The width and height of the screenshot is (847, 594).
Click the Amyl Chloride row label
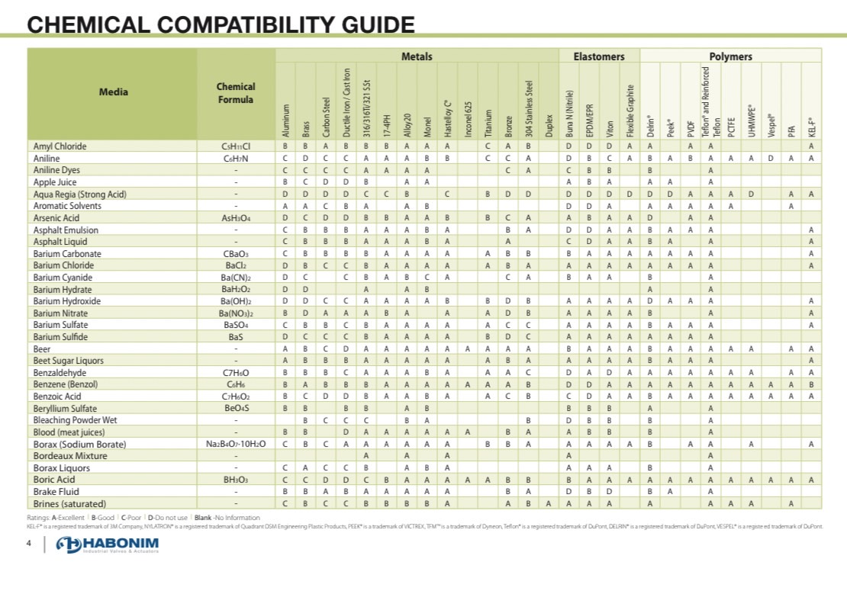tap(60, 146)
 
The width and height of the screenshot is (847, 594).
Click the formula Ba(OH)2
tap(236, 301)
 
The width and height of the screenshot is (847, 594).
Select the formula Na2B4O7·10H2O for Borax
tap(236, 444)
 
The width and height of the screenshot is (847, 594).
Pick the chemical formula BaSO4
tap(236, 325)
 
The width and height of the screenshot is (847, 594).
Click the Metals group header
tap(417, 56)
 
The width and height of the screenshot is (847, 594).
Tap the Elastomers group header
tap(598, 56)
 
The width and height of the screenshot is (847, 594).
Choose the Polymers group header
tap(730, 56)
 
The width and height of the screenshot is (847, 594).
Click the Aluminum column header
tap(286, 120)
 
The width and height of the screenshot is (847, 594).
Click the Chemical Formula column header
tap(236, 93)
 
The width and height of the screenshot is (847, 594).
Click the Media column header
tap(114, 92)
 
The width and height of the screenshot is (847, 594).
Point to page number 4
tap(28, 544)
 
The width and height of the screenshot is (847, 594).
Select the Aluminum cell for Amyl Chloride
tap(285, 146)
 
